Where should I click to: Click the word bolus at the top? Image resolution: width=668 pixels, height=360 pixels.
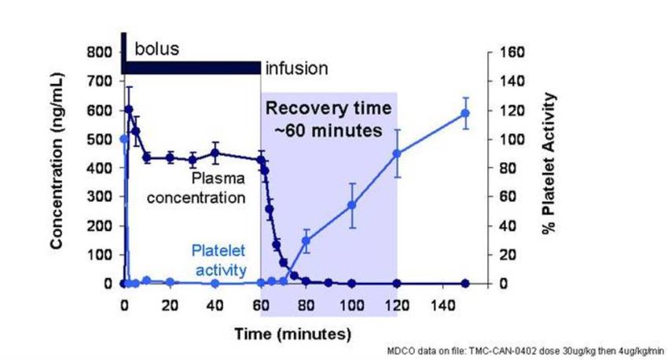pos(156,49)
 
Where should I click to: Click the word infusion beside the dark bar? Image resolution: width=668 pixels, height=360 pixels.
pos(295,68)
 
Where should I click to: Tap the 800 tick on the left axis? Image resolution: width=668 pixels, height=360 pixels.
pos(101,53)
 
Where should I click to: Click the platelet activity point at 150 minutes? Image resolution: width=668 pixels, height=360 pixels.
pos(465,113)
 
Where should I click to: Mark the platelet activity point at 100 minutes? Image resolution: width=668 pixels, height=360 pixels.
pos(351,205)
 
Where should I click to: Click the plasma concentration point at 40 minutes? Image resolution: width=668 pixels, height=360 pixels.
pos(215,153)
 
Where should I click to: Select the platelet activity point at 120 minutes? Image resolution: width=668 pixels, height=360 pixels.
pos(397,153)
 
